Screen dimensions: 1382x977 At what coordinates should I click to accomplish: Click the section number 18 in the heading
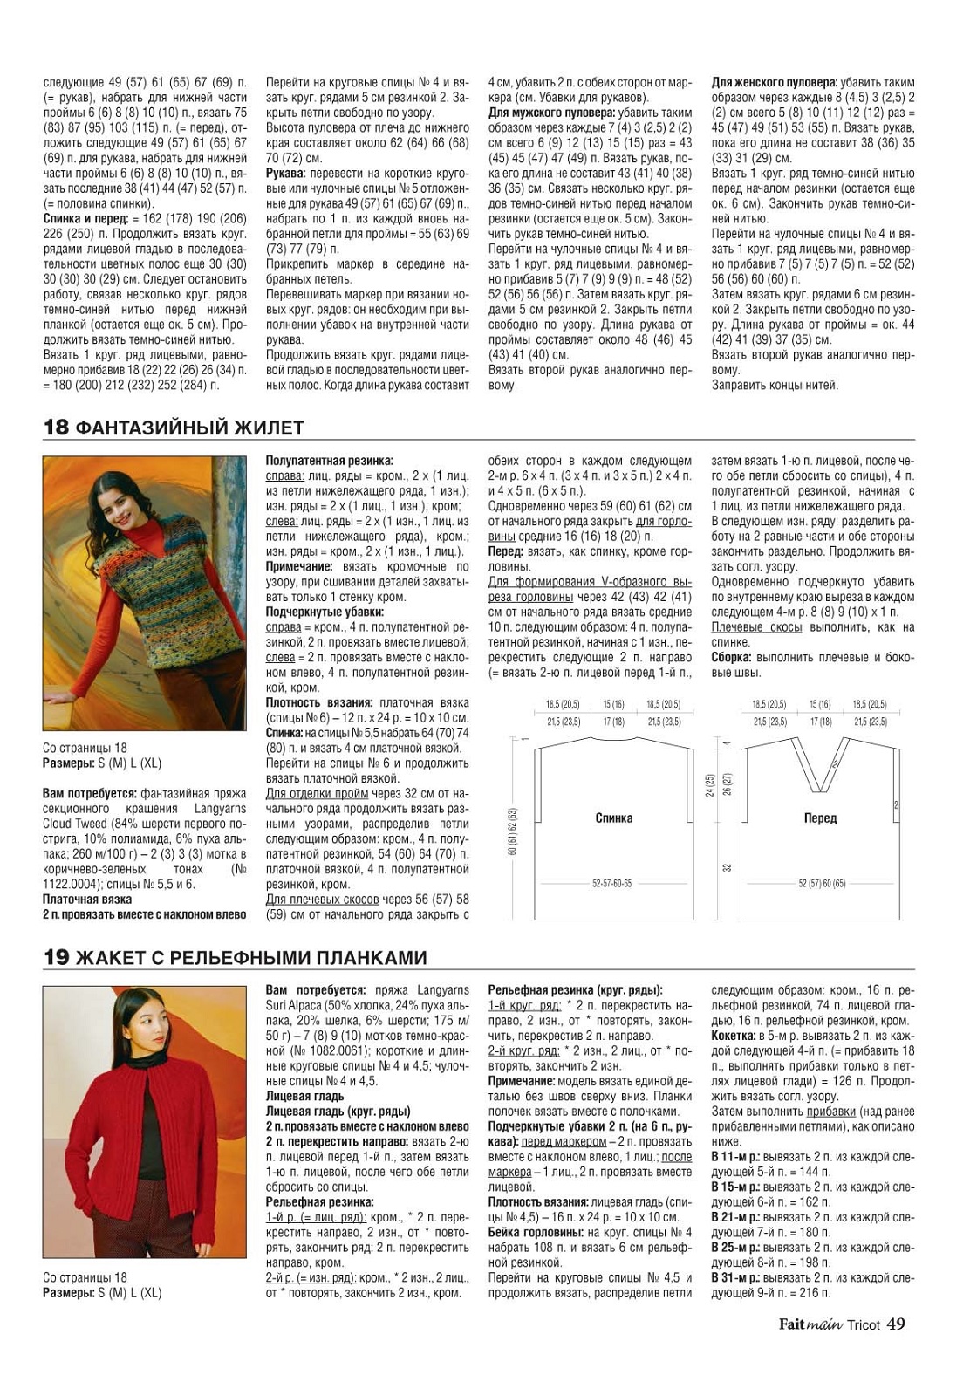tap(56, 428)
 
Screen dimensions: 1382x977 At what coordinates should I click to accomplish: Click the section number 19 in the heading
tap(56, 958)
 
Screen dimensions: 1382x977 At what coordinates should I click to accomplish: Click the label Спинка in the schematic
tap(613, 818)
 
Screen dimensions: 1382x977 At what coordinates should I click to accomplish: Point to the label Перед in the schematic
tap(820, 818)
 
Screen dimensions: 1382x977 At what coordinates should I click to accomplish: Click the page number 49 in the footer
tap(896, 1324)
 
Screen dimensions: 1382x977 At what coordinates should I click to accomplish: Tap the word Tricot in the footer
tap(863, 1324)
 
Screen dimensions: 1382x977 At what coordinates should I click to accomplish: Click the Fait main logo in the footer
tap(810, 1324)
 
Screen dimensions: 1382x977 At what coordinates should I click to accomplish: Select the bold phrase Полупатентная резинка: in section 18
tap(329, 461)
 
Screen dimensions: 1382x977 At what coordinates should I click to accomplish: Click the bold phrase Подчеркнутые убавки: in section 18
tap(325, 612)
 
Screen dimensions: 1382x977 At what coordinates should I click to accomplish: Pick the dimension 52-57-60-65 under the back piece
tap(611, 884)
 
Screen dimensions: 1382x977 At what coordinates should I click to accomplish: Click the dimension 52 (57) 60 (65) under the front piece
tap(822, 884)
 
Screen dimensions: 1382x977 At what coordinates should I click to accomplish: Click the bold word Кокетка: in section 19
tap(734, 1036)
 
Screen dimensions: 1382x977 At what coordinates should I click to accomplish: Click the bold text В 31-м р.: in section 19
tap(735, 1277)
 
